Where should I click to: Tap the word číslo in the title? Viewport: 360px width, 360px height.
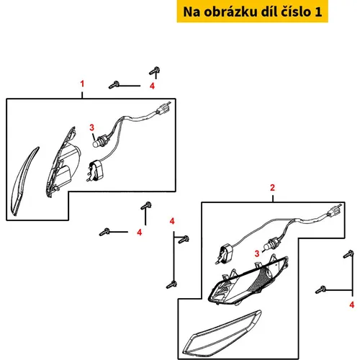[296, 12]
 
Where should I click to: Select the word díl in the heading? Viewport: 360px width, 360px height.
[269, 12]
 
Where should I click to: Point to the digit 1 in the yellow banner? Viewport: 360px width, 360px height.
[318, 12]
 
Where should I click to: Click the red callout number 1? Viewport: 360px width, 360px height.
[82, 84]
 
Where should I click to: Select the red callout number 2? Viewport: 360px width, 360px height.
[272, 188]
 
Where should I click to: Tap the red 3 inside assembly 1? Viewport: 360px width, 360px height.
[91, 127]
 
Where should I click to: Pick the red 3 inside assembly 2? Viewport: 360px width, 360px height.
[257, 253]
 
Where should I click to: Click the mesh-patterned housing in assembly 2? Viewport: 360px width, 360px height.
[248, 281]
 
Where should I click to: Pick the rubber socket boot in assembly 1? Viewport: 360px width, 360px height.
[96, 170]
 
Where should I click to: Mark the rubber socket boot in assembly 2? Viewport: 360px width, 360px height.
[225, 253]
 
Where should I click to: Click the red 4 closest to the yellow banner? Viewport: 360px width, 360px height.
[152, 86]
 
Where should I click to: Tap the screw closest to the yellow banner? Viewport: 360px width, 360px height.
[155, 71]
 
